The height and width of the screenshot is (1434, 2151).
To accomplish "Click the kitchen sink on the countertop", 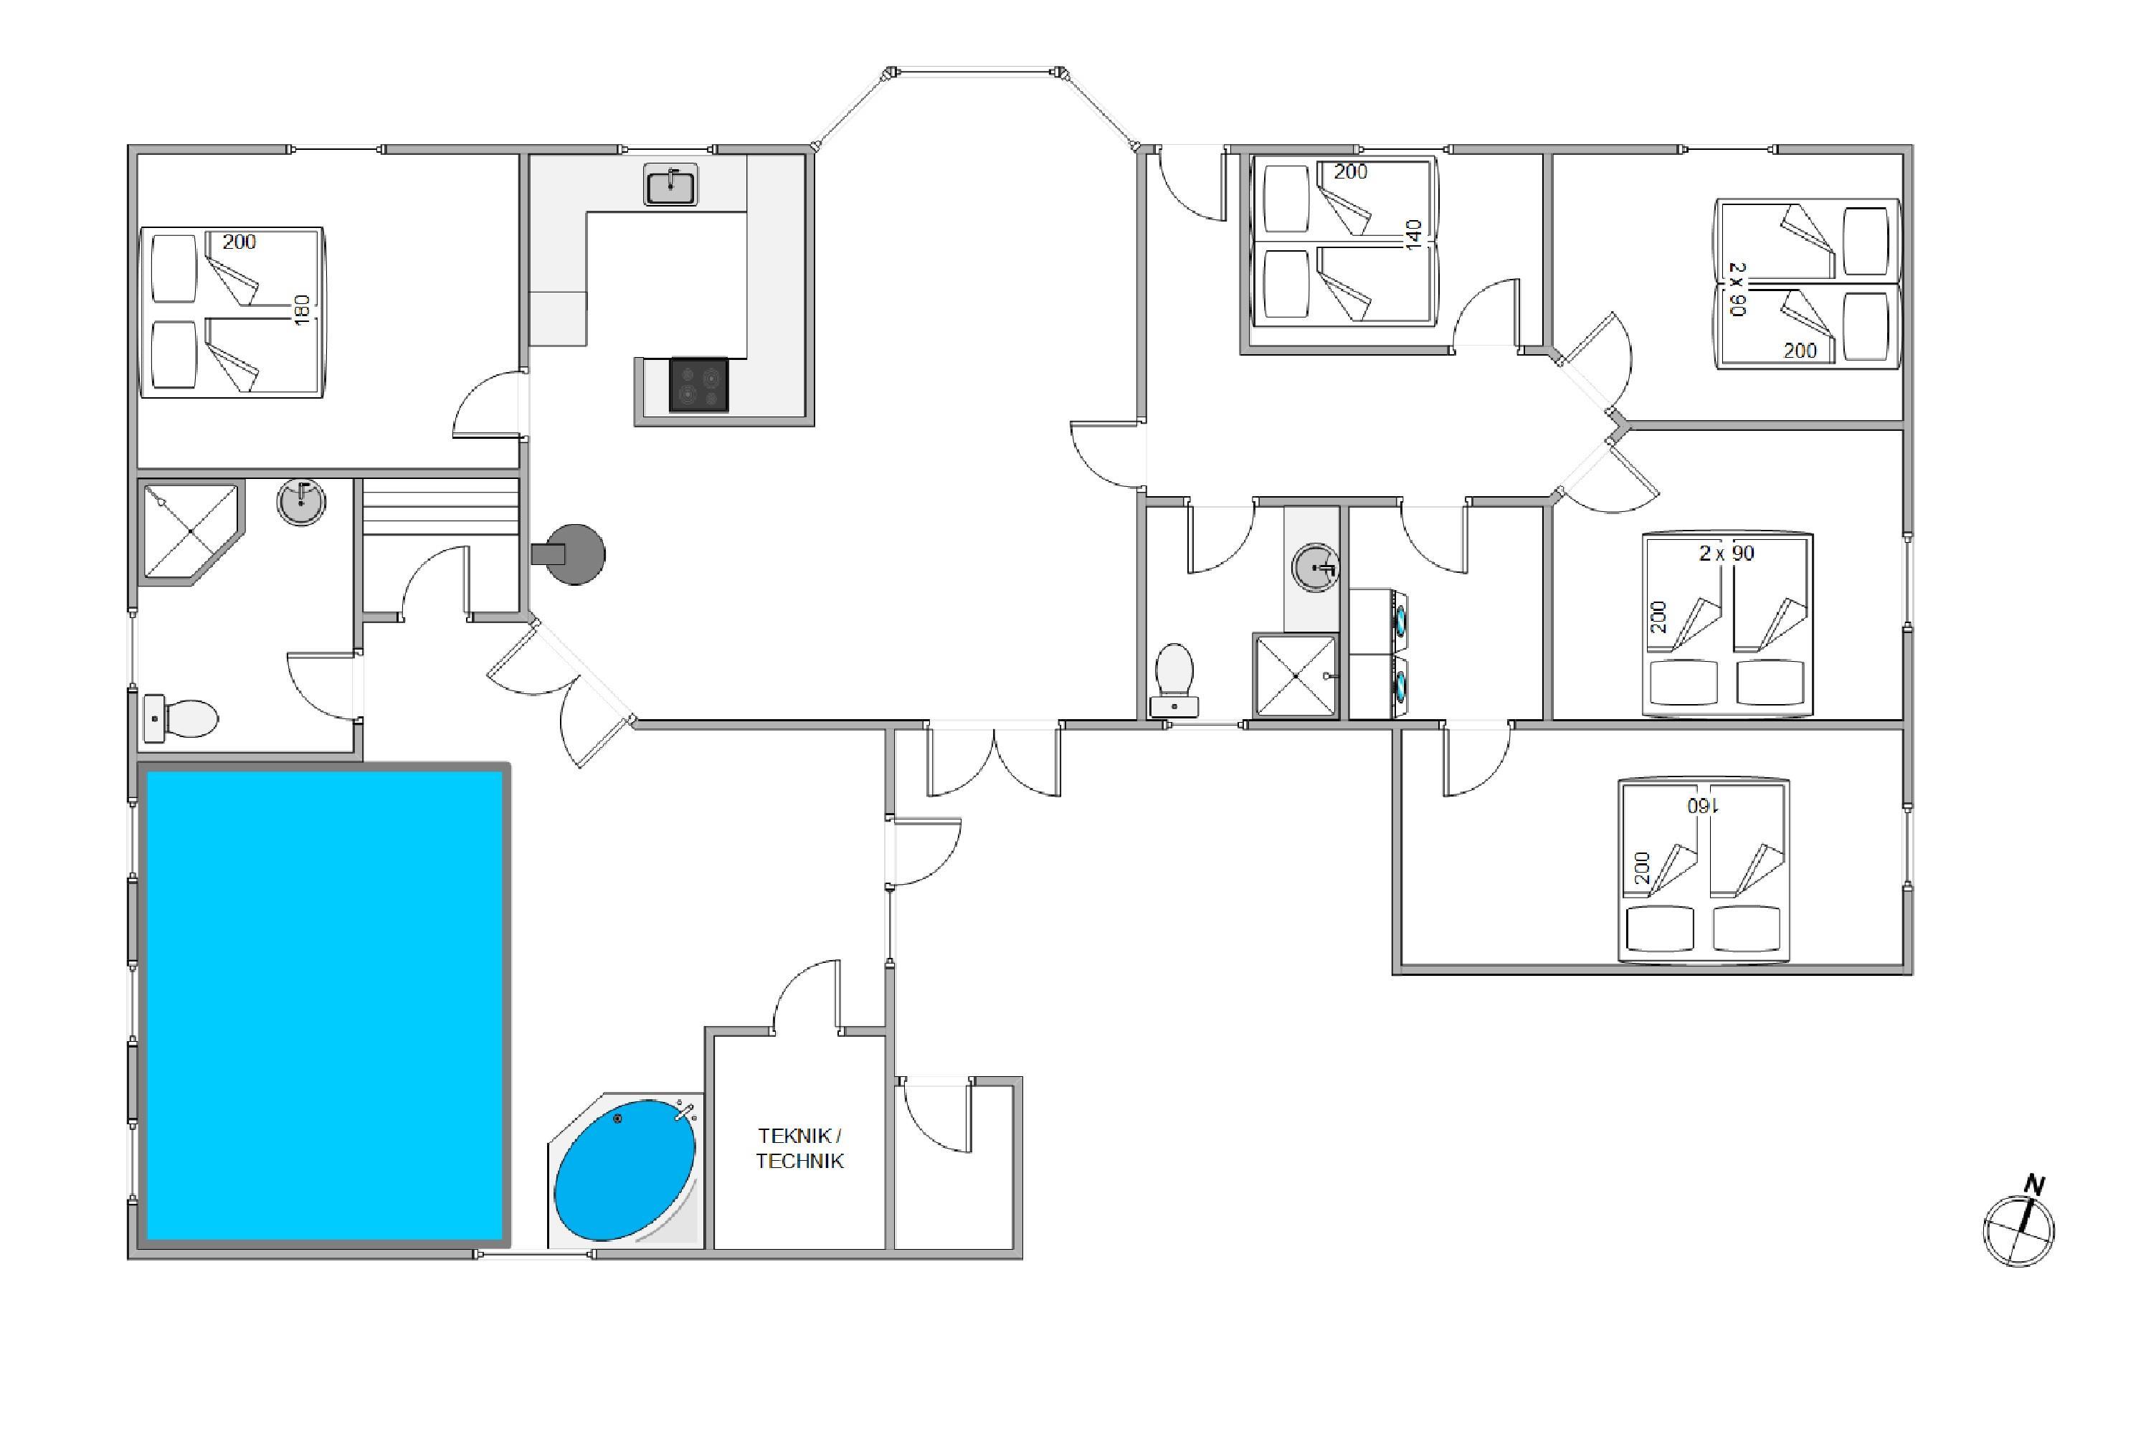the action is [x=670, y=185].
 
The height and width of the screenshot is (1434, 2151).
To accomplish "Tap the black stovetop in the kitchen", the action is [x=698, y=385].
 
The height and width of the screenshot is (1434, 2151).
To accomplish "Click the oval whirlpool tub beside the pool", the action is [x=625, y=1171].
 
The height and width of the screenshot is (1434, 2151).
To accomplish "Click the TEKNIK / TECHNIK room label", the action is [x=799, y=1149].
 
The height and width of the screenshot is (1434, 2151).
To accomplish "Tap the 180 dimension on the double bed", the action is [x=303, y=309].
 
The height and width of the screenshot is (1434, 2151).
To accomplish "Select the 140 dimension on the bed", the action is [x=1414, y=235].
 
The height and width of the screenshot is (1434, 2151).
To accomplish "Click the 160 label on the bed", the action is [x=1703, y=806].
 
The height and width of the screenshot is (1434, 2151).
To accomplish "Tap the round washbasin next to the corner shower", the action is [x=301, y=501].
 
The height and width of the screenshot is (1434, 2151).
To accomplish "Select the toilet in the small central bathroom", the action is [x=1174, y=680].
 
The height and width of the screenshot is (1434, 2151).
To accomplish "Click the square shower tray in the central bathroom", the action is [x=1295, y=676].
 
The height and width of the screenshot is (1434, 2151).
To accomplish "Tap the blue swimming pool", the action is [x=325, y=1005].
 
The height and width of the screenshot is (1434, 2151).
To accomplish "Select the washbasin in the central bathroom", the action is [x=1315, y=567].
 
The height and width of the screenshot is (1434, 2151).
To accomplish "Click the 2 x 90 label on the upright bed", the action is [x=1727, y=554].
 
